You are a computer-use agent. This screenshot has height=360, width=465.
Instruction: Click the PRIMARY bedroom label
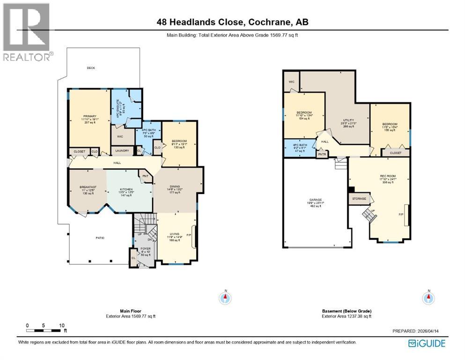point(90,116)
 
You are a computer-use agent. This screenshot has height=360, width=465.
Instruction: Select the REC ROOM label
point(388,176)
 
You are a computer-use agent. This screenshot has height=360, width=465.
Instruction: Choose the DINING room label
point(175,186)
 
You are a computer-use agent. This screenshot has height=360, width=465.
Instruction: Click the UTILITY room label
point(348,120)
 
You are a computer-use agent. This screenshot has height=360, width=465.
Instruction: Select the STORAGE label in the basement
point(359,199)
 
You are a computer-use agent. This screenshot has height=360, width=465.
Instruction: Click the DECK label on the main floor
point(91,68)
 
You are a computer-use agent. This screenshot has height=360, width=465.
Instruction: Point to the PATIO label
point(100,238)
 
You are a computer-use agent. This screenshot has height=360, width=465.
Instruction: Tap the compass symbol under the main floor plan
point(226,297)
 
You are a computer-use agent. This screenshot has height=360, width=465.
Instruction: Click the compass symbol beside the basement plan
point(428,297)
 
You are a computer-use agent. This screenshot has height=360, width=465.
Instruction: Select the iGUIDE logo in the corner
point(427,343)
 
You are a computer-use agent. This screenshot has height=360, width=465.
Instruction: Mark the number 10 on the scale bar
point(61,325)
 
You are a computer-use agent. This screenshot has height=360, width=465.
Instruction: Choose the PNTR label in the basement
point(322,154)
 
